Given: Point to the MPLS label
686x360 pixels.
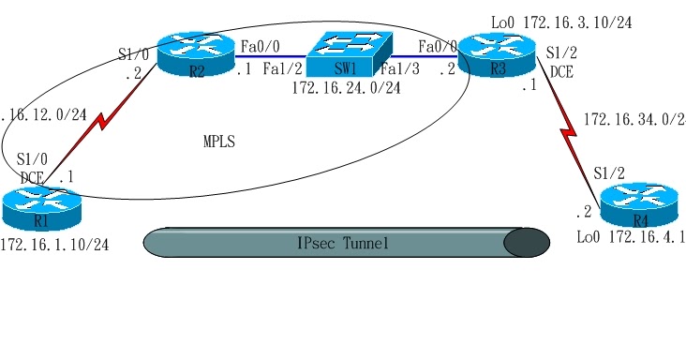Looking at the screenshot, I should (219, 142).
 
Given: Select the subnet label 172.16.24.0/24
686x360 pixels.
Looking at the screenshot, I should (346, 88).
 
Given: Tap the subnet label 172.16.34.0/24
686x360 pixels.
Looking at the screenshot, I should (634, 120).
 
